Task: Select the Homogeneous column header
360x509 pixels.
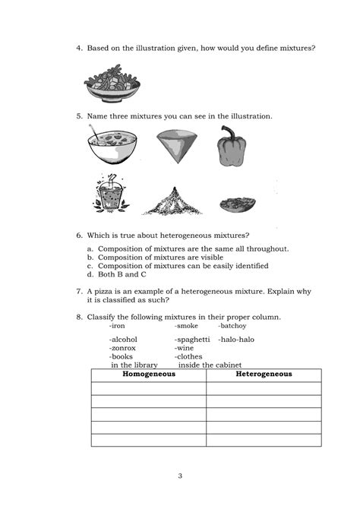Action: pyautogui.click(x=149, y=375)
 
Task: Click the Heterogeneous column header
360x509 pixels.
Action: pyautogui.click(x=264, y=375)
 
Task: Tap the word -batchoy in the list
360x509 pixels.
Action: pyautogui.click(x=232, y=325)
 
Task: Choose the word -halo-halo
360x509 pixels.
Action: pyautogui.click(x=237, y=340)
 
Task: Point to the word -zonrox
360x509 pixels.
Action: pyautogui.click(x=123, y=348)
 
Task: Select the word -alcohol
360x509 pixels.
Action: pyautogui.click(x=124, y=340)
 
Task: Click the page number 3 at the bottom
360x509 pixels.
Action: pyautogui.click(x=180, y=476)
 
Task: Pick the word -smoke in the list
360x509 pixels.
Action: pyautogui.click(x=187, y=325)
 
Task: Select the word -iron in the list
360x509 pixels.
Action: pyautogui.click(x=118, y=325)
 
